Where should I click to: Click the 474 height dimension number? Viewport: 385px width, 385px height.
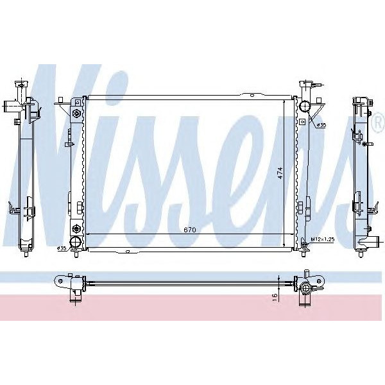280,174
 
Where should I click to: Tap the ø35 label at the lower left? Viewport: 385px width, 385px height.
62,248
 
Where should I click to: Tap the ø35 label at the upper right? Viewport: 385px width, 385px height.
321,124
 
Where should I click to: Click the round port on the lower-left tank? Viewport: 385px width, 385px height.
76,242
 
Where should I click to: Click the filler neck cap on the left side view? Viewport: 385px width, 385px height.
24,85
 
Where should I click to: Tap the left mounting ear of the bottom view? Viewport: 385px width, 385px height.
62,280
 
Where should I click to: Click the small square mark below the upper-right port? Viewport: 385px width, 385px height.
302,120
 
